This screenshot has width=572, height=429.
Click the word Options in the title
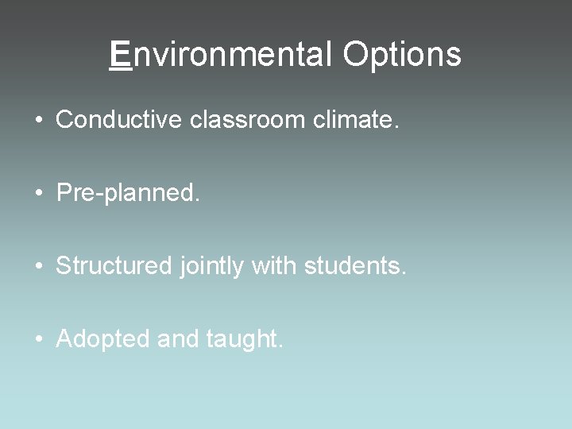(x=402, y=55)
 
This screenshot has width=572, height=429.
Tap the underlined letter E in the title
(x=120, y=55)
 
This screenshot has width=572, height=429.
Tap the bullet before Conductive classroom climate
(x=39, y=120)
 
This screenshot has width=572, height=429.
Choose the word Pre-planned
(x=128, y=192)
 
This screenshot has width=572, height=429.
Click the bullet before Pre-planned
(x=39, y=193)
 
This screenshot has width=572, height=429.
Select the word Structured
(x=114, y=265)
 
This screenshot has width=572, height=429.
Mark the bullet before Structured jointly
(x=39, y=266)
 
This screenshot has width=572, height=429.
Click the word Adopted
(x=103, y=339)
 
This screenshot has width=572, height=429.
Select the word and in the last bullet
(x=178, y=339)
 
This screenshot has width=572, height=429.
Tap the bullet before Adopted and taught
(x=39, y=339)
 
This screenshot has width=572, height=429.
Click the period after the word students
(x=404, y=272)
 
